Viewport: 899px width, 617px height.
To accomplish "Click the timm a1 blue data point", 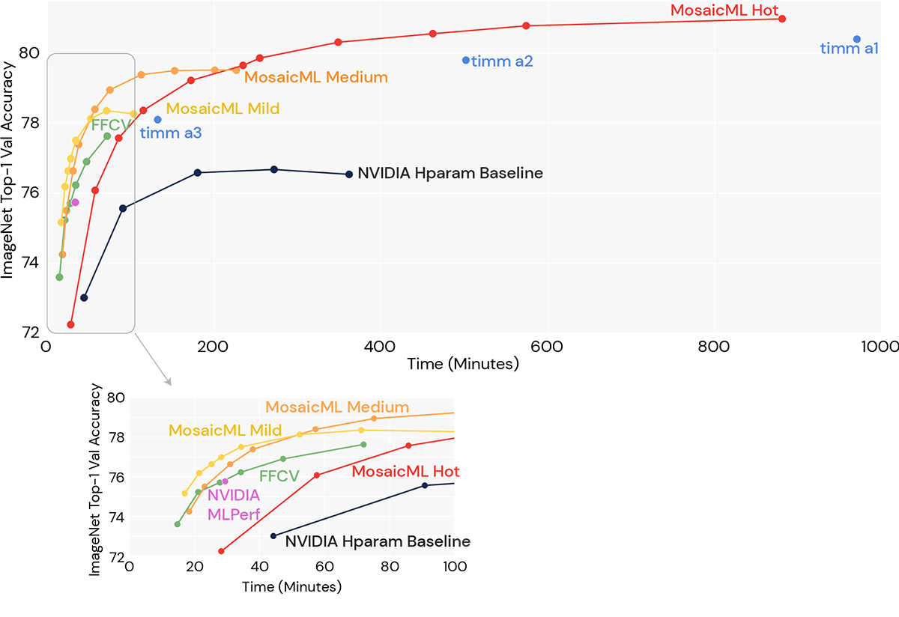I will pyautogui.click(x=857, y=39).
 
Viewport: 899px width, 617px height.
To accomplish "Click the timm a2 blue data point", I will pyautogui.click(x=466, y=60).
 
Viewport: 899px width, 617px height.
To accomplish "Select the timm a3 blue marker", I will pyautogui.click(x=157, y=120).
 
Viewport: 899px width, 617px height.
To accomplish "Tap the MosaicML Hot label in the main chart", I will pyautogui.click(x=724, y=10).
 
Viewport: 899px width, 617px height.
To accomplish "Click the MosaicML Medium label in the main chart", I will pyautogui.click(x=315, y=77).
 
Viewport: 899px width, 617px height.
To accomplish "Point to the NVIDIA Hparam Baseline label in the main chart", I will pyautogui.click(x=450, y=173).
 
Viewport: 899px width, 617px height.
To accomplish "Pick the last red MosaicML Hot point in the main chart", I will pyautogui.click(x=782, y=18).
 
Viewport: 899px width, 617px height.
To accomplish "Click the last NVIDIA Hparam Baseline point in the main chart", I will pyautogui.click(x=349, y=174).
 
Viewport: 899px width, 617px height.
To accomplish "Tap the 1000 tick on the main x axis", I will pyautogui.click(x=879, y=347).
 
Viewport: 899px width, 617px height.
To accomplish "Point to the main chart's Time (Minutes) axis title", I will pyautogui.click(x=463, y=364).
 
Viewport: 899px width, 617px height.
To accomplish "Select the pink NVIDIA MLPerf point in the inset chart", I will pyautogui.click(x=225, y=481).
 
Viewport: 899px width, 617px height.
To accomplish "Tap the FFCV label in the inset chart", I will pyautogui.click(x=279, y=475).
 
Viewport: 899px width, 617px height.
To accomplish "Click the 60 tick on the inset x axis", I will pyautogui.click(x=324, y=567).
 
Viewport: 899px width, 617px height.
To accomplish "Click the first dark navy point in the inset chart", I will pyautogui.click(x=273, y=535).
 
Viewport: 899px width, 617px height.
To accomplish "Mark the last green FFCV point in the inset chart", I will pyautogui.click(x=363, y=445).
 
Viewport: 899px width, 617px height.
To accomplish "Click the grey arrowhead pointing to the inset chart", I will pyautogui.click(x=168, y=382).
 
